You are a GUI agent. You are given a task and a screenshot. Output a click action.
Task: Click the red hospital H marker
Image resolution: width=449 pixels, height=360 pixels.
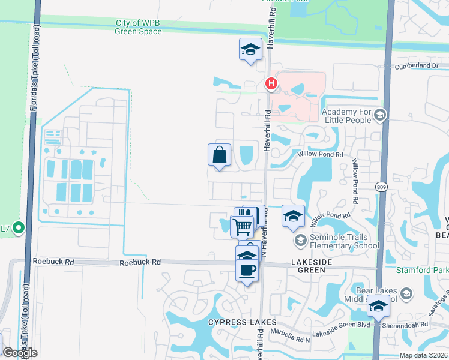click(x=271, y=83)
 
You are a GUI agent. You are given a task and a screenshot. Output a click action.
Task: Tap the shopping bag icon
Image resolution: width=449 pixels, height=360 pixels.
click(x=220, y=155)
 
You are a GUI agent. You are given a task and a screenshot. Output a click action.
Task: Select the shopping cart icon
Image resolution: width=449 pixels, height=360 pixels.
click(x=242, y=227)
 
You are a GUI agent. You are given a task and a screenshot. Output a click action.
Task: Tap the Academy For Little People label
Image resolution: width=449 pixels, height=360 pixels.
click(x=346, y=116)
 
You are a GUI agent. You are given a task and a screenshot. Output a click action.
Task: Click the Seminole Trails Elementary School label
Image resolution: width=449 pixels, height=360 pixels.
click(x=345, y=241)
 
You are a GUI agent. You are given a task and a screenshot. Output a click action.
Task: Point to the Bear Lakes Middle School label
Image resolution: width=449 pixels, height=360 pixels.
click(x=369, y=294)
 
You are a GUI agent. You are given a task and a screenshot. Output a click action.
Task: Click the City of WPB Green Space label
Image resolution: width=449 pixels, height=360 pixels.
click(x=139, y=27)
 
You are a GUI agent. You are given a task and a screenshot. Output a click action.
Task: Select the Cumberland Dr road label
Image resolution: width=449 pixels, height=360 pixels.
click(x=417, y=65)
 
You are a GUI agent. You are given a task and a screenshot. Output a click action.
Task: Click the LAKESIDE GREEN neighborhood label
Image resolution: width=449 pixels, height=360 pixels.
click(x=300, y=266)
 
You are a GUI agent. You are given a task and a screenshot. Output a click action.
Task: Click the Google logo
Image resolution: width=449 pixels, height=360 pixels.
click(x=20, y=352)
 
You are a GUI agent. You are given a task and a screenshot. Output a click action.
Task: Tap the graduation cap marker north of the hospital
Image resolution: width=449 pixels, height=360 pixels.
click(x=251, y=50)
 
